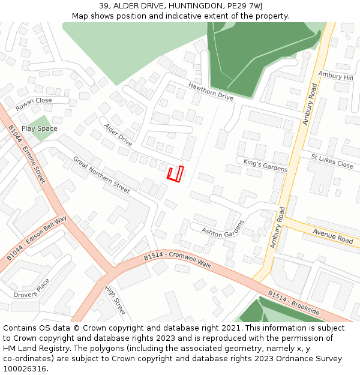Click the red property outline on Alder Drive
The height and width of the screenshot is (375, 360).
pyautogui.click(x=175, y=174)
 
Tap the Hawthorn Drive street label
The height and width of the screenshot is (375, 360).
pyautogui.click(x=211, y=92)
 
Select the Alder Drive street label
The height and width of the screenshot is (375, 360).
pyautogui.click(x=118, y=135)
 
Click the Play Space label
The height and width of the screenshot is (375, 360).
pyautogui.click(x=40, y=128)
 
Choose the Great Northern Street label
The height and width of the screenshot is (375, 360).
pyautogui.click(x=101, y=175)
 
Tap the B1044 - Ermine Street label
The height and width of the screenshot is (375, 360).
pyautogui.click(x=27, y=154)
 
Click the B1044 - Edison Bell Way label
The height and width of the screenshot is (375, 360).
pyautogui.click(x=37, y=238)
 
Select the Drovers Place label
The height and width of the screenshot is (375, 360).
pyautogui.click(x=33, y=289)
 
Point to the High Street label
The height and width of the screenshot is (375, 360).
pyautogui.click(x=115, y=300)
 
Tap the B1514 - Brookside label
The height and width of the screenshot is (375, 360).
pyautogui.click(x=294, y=304)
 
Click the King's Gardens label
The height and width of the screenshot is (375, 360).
pyautogui.click(x=265, y=166)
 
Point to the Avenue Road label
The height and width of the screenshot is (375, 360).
pyautogui.click(x=333, y=236)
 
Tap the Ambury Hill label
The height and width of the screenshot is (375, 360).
pyautogui.click(x=336, y=77)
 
